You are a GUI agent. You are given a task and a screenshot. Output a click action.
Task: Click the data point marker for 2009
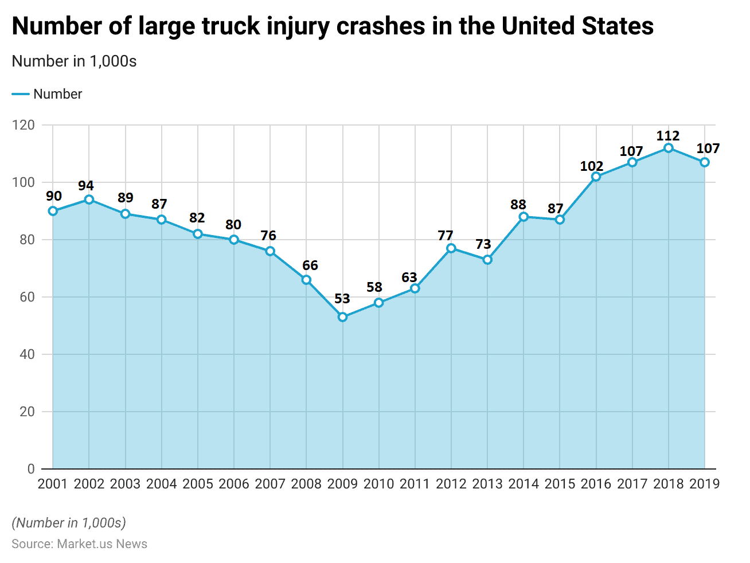point(342,317)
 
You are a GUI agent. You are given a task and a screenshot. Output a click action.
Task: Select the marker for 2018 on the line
point(669,148)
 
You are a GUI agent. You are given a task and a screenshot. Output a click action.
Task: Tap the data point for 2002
point(89,200)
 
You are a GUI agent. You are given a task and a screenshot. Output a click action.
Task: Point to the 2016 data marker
point(596,177)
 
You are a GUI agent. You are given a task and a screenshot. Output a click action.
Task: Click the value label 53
point(342,299)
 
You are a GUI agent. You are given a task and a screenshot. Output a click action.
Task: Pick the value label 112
point(668,136)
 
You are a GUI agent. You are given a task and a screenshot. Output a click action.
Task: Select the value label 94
point(86,186)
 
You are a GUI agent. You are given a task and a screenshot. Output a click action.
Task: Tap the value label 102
point(592,166)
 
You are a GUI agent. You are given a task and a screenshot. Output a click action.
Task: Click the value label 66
point(310,265)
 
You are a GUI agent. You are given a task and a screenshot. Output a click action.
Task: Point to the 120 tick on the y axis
point(24,125)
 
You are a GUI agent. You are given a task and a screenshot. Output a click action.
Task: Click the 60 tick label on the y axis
point(27,297)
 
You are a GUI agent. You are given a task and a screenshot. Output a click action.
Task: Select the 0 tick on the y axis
point(31,469)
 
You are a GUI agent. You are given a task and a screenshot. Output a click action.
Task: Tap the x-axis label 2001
point(53,484)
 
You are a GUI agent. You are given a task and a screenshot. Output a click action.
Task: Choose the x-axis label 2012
point(451,484)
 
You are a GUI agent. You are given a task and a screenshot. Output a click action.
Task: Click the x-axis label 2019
point(705,484)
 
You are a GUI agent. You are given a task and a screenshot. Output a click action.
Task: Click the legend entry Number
point(57,94)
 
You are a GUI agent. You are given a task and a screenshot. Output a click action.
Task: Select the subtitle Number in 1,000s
point(74,61)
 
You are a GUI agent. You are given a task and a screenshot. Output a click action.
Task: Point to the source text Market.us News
point(102,544)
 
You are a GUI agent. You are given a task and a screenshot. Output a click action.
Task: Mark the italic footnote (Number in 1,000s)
point(69,523)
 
